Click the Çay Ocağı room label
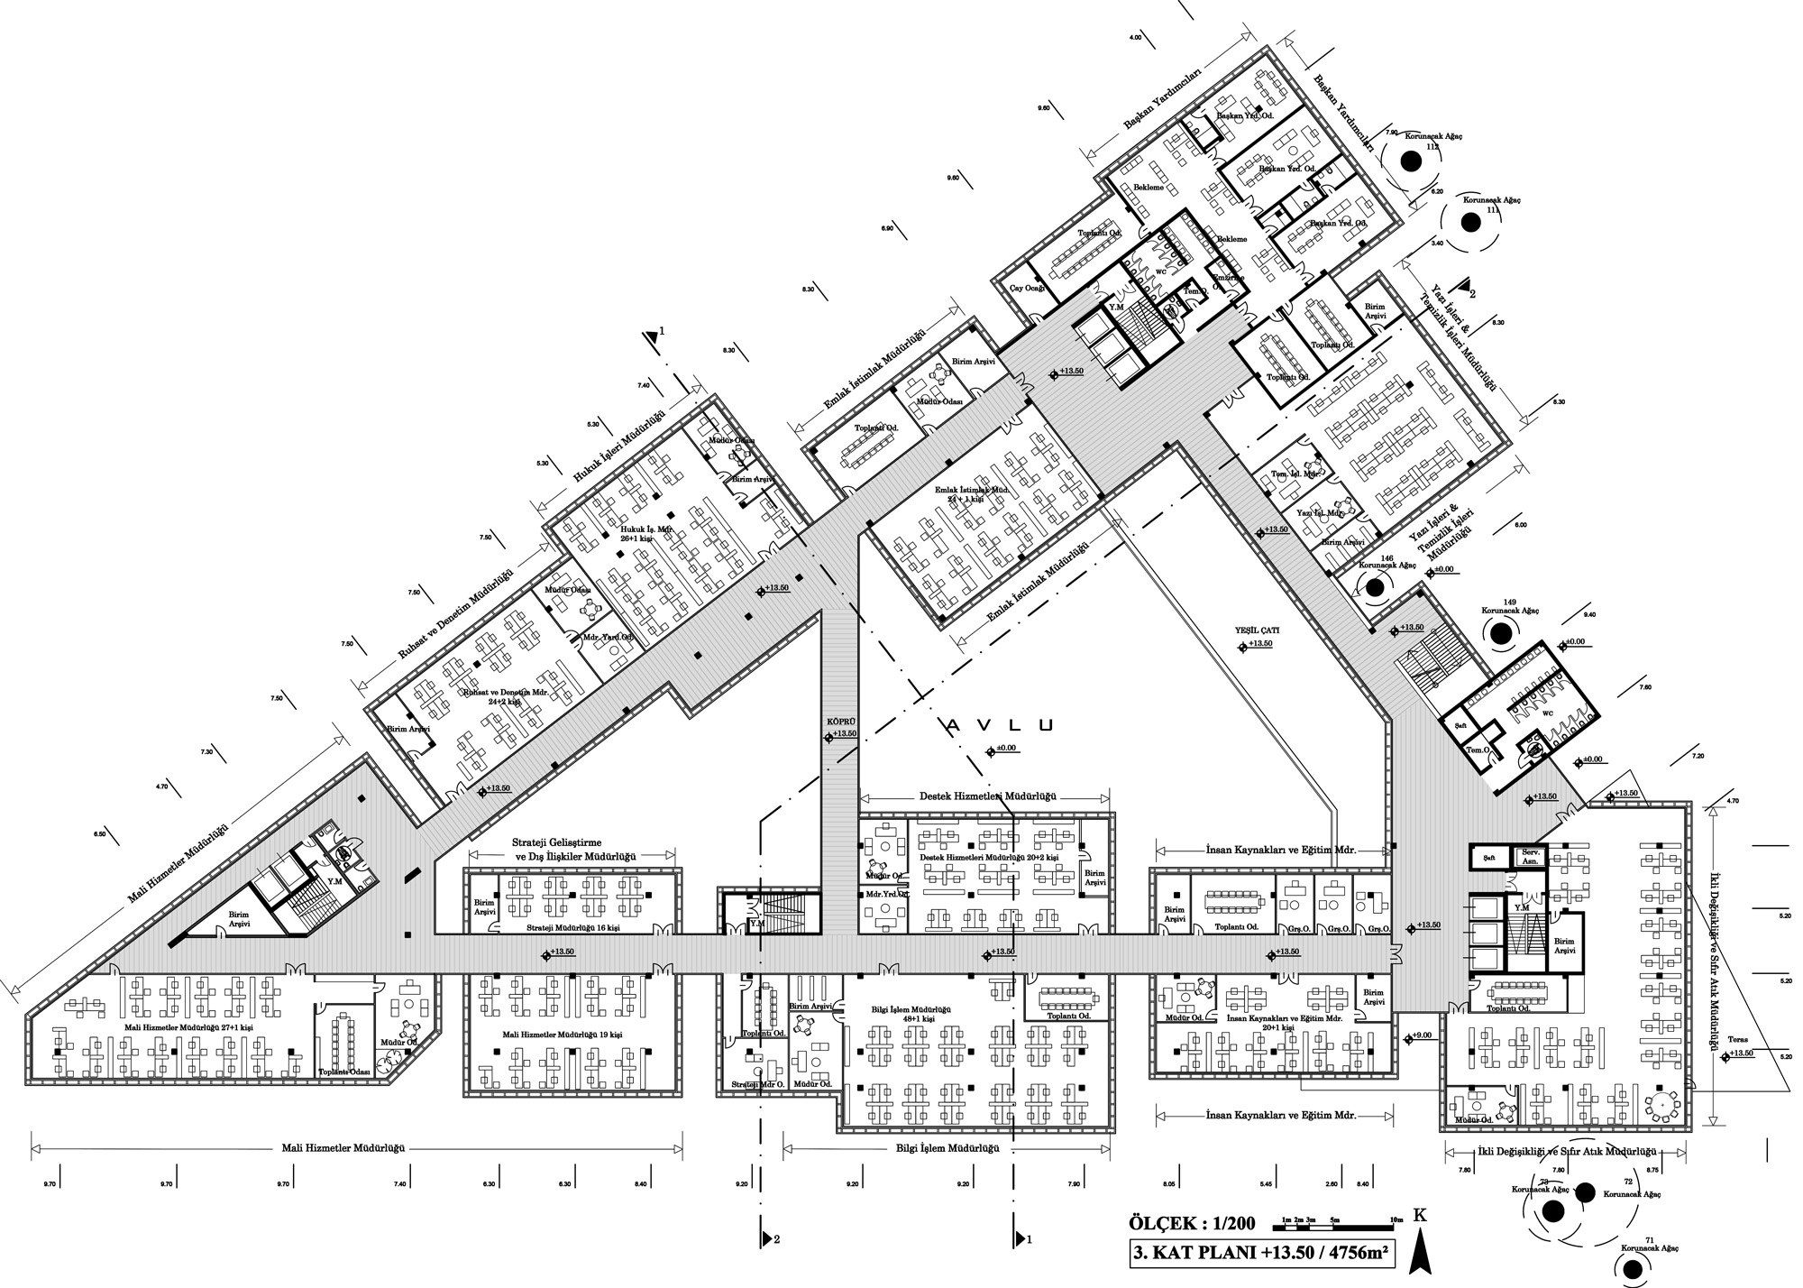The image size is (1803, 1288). (1027, 288)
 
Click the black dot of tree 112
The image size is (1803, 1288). (1411, 162)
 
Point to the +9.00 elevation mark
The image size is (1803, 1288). (1420, 1035)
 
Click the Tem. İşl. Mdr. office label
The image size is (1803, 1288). (1295, 474)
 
